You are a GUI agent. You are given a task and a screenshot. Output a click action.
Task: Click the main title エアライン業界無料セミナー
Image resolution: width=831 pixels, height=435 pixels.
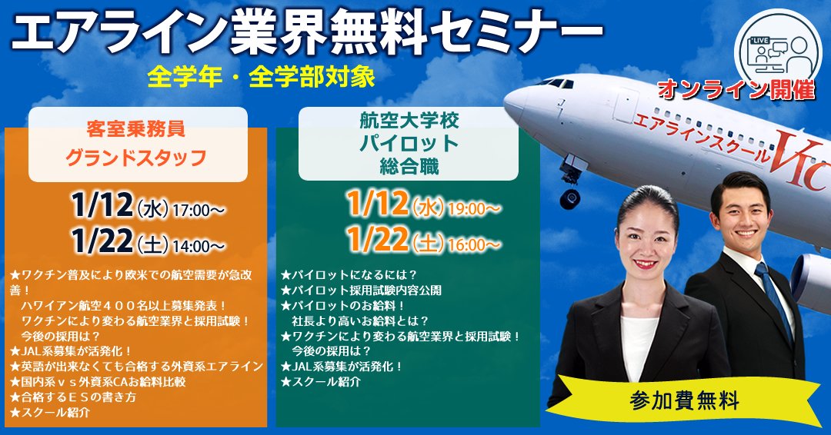tap(306, 32)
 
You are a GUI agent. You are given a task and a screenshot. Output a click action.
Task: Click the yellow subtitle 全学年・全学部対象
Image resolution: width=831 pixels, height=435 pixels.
tap(263, 78)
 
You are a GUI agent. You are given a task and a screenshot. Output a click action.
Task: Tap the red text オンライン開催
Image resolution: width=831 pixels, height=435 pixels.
tap(736, 90)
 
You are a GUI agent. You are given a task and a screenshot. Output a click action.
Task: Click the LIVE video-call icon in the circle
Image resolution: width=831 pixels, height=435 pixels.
tap(773, 48)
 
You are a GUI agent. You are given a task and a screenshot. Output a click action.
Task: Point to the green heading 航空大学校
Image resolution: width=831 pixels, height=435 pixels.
tap(408, 120)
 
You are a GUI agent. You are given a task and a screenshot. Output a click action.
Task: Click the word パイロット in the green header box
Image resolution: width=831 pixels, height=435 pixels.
tap(408, 142)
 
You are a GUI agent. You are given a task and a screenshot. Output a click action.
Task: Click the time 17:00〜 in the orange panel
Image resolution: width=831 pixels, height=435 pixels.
tap(199, 208)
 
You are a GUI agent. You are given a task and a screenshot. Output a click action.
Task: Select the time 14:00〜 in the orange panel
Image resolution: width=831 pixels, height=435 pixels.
tap(199, 246)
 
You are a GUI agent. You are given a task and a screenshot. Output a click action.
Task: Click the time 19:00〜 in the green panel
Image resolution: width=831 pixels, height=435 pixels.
tap(476, 208)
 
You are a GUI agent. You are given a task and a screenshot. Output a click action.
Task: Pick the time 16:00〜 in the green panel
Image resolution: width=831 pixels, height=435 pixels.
tap(476, 245)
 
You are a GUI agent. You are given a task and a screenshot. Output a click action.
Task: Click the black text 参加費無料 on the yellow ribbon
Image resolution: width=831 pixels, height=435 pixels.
tap(685, 400)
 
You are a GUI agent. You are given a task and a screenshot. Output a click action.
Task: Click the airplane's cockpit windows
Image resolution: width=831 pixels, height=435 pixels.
tap(559, 82)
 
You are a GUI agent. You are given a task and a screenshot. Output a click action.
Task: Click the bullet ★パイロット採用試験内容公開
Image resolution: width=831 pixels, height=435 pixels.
tap(362, 290)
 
